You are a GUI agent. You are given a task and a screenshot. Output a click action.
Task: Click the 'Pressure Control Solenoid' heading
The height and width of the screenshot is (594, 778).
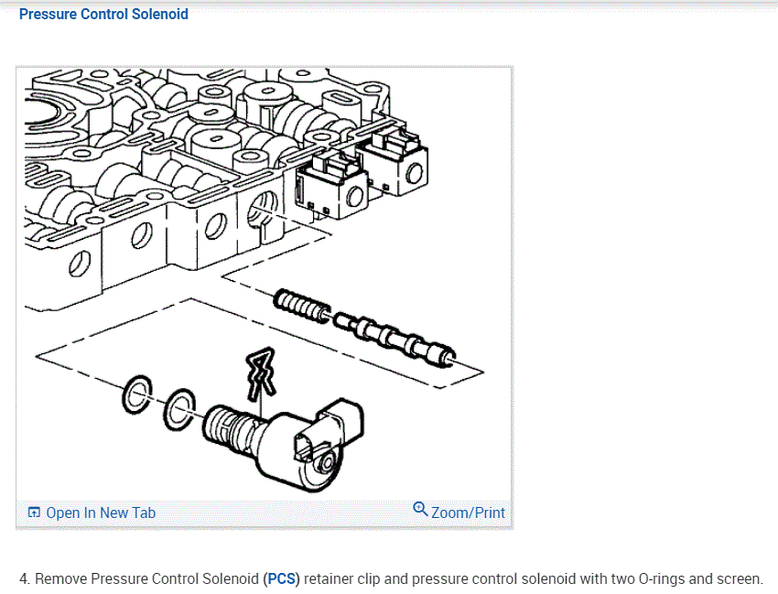tap(103, 14)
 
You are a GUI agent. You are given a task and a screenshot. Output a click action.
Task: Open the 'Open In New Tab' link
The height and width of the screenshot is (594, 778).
tap(100, 513)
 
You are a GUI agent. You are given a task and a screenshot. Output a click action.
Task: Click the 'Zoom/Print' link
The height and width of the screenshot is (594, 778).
tap(468, 513)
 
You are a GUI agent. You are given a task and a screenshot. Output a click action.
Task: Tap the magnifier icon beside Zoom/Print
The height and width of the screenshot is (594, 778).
tap(420, 509)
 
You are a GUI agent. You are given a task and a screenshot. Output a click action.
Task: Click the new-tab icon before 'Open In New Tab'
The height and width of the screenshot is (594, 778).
tap(34, 513)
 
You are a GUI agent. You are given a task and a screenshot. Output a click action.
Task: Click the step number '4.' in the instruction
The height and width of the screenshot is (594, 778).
tap(25, 578)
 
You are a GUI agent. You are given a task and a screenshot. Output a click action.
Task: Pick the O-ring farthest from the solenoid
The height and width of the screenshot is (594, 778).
tap(135, 394)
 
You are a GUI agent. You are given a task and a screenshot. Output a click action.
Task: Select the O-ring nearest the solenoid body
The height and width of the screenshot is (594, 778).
tap(178, 408)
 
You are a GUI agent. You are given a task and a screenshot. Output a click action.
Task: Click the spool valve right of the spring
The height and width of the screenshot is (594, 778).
tap(394, 336)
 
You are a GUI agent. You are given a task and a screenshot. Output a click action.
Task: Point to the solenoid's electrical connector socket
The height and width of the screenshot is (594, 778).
tap(308, 447)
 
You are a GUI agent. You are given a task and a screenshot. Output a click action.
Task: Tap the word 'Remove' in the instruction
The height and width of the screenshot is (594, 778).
tap(61, 578)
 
